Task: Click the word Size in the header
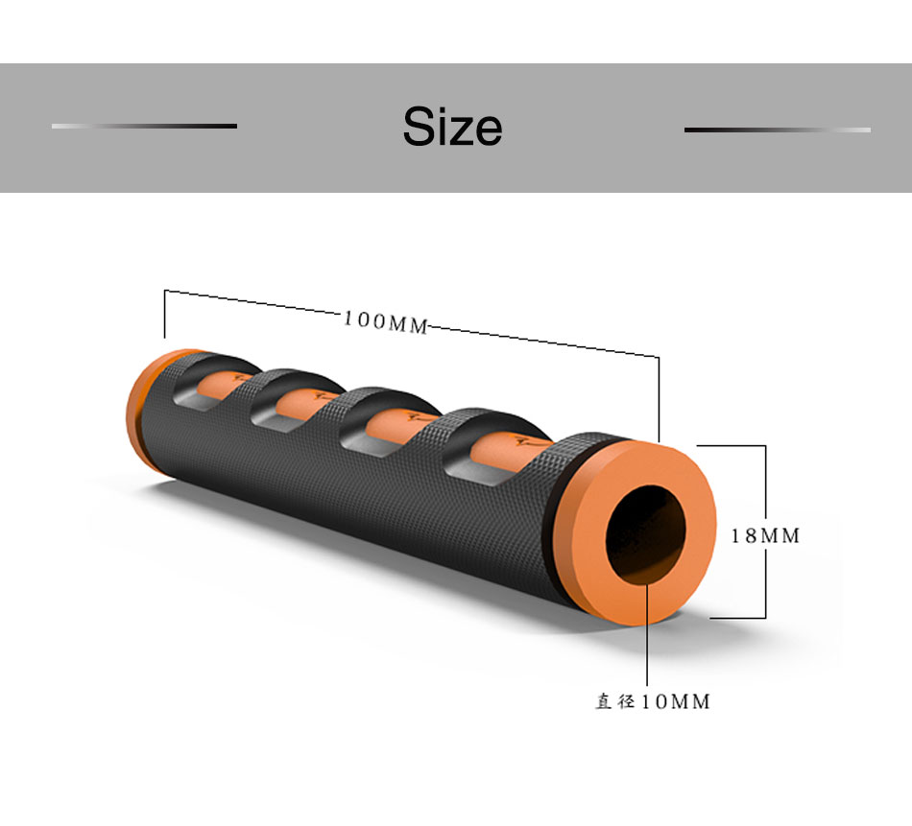452,126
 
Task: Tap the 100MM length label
386,321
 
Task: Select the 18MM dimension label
765,535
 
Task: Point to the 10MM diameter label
676,701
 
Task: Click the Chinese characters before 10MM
614,701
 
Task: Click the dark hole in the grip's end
646,534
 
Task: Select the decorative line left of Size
144,126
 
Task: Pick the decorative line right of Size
778,130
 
